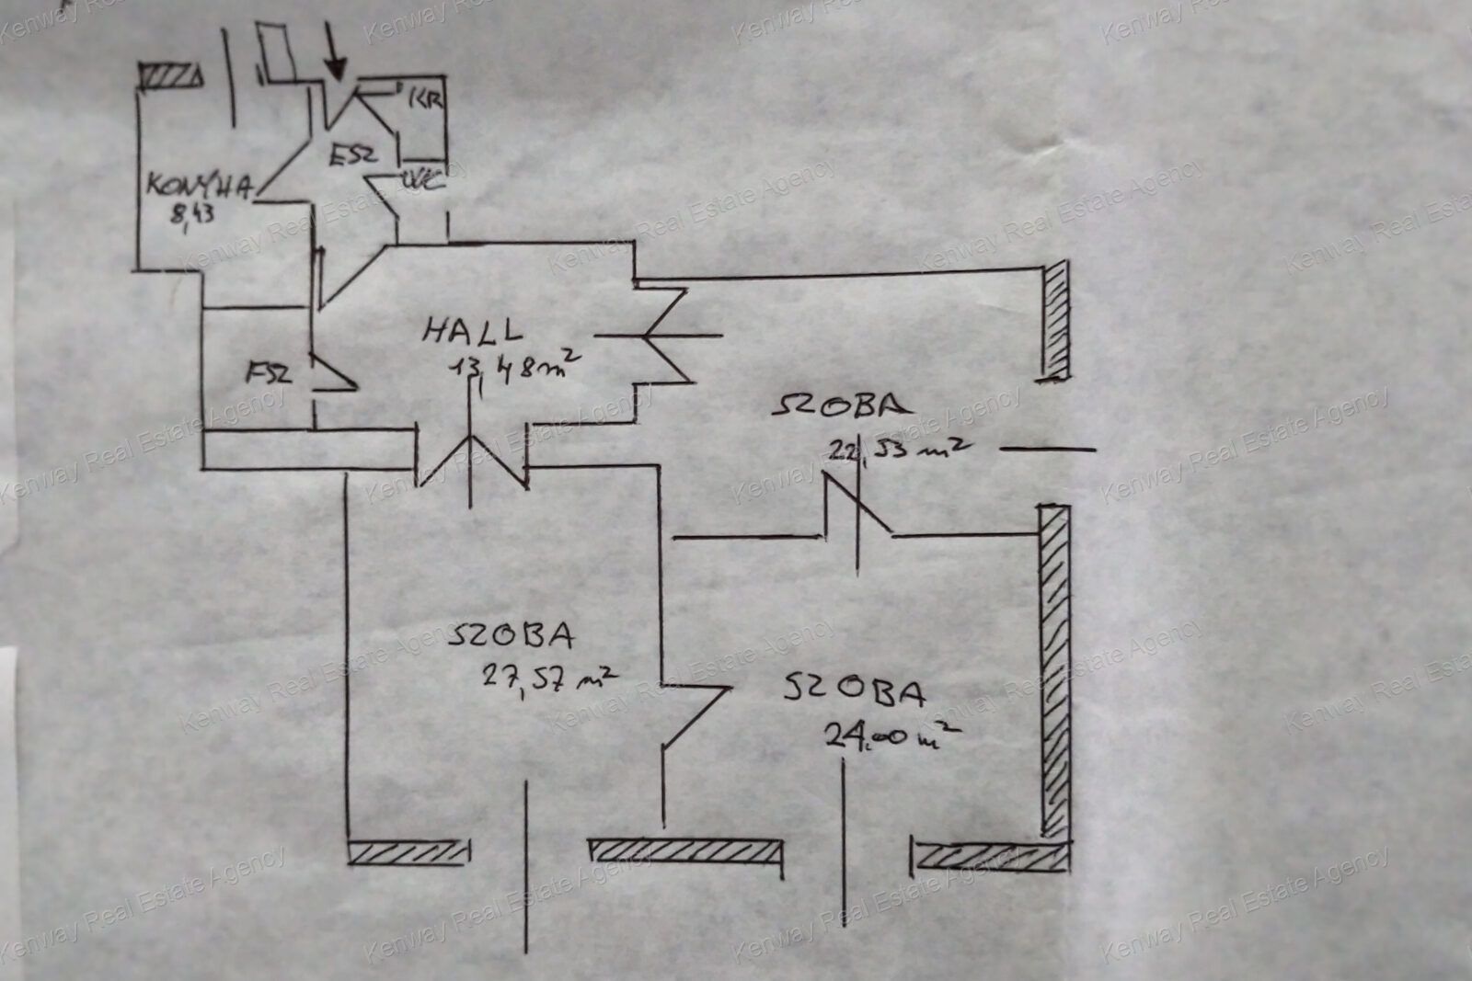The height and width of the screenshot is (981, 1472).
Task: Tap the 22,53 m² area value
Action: coord(898,448)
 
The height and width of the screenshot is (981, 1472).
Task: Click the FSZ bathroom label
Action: coord(268,374)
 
